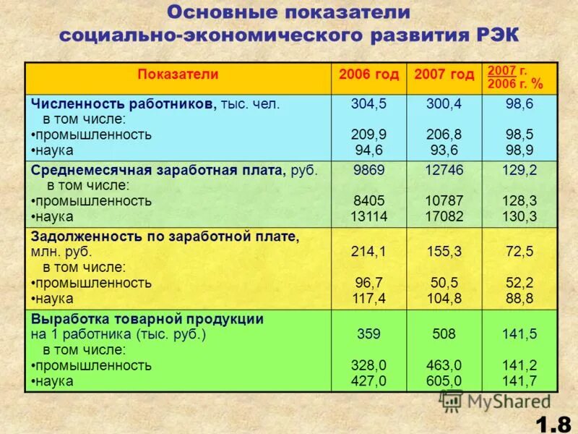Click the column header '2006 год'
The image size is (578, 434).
tap(368, 75)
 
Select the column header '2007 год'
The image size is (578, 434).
tap(444, 75)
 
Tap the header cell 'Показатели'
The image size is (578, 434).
tap(178, 75)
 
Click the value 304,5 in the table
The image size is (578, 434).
tap(368, 103)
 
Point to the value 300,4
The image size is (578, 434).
tap(444, 103)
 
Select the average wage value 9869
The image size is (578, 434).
tap(368, 170)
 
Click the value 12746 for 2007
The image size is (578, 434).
tap(444, 170)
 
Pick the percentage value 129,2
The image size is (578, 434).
tap(519, 170)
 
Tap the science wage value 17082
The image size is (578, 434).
tap(444, 216)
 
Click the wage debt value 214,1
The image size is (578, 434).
tap(368, 252)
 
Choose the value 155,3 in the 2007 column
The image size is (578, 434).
tap(444, 252)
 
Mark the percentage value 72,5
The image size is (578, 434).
tap(519, 252)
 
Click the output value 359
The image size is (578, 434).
tap(368, 334)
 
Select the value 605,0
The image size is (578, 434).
tap(444, 380)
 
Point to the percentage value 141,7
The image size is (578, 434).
tap(519, 380)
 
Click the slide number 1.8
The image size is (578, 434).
tap(553, 420)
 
